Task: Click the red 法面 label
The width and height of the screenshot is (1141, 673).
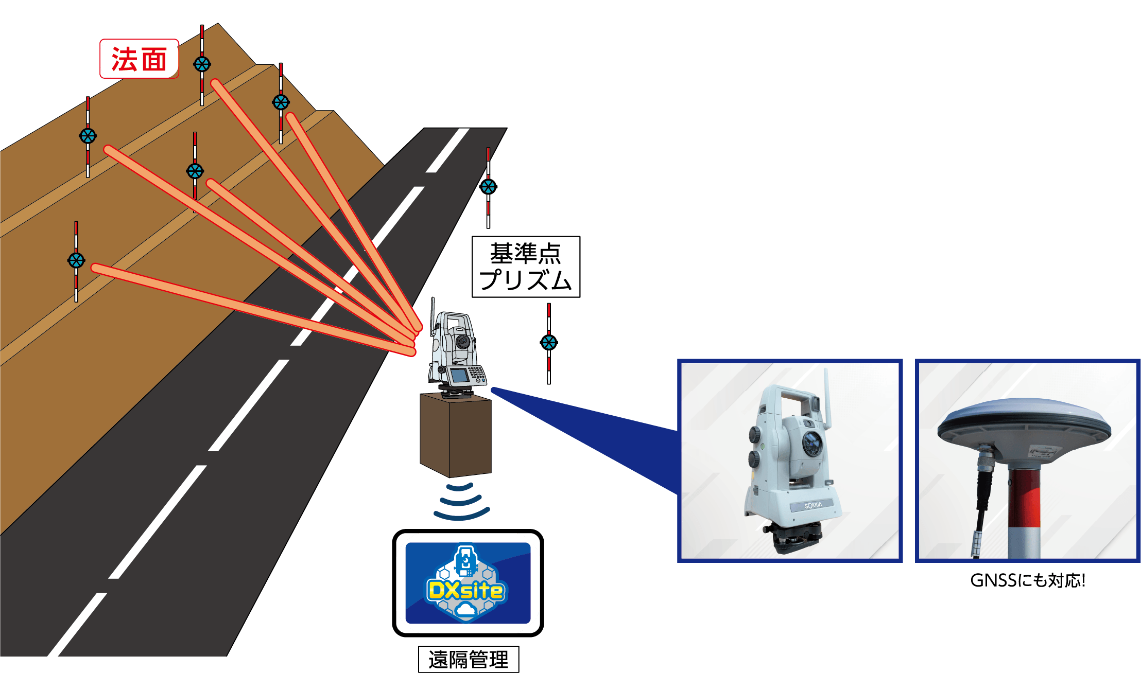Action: [139, 59]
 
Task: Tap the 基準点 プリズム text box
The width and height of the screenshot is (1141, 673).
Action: [526, 267]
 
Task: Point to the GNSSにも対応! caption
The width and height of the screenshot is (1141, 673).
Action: [1028, 580]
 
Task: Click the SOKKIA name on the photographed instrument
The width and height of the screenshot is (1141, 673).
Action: [814, 506]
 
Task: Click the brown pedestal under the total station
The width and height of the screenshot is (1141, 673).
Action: [455, 435]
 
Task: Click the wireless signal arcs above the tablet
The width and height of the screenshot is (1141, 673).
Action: [461, 502]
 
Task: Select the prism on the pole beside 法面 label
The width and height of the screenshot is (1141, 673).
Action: [202, 64]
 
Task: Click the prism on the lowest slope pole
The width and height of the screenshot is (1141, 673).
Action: [76, 260]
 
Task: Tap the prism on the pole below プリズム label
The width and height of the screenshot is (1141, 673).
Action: [549, 342]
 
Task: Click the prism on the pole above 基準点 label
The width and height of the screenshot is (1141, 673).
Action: [488, 186]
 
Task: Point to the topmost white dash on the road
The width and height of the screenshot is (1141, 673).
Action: [448, 150]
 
